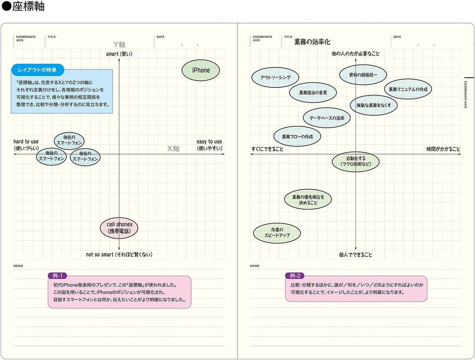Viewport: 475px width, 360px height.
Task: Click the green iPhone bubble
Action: [x=201, y=70]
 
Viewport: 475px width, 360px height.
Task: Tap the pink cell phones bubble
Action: [x=119, y=228]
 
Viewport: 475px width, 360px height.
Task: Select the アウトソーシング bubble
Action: [x=275, y=77]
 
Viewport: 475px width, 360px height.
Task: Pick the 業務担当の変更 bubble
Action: [x=313, y=93]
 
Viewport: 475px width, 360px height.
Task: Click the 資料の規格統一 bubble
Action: [x=363, y=75]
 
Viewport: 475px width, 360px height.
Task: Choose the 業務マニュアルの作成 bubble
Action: [x=408, y=89]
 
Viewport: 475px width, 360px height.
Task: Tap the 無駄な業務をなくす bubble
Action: [x=374, y=105]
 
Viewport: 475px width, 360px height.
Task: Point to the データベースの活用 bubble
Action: [x=327, y=118]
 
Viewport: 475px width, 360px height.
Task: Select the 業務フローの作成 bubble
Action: [x=297, y=137]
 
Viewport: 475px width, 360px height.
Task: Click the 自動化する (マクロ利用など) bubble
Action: [x=356, y=162]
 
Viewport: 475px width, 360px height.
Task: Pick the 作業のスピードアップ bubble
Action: [x=277, y=233]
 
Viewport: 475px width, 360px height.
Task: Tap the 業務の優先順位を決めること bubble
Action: [x=308, y=200]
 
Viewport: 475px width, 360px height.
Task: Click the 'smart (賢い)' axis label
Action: [x=119, y=54]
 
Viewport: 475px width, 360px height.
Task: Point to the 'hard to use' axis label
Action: [x=26, y=141]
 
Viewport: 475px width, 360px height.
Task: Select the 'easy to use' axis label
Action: [x=209, y=141]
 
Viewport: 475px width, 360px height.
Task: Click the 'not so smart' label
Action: [x=99, y=255]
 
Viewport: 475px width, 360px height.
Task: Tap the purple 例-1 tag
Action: [x=57, y=276]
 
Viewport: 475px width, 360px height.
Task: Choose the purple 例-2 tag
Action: [x=295, y=276]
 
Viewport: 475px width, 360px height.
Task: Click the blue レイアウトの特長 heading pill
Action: [x=38, y=70]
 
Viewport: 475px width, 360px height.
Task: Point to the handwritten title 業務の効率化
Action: [x=312, y=42]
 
